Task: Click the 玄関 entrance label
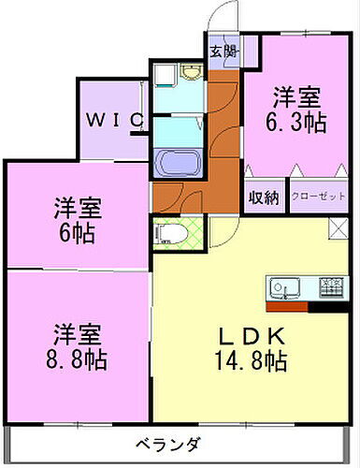point(223,51)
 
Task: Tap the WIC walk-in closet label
point(116,120)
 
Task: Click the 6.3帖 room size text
point(297,121)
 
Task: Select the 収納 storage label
point(264,197)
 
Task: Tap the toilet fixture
point(167,233)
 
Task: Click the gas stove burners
point(330,286)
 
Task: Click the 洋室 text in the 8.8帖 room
point(78,334)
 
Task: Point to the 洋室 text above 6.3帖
point(297,96)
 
